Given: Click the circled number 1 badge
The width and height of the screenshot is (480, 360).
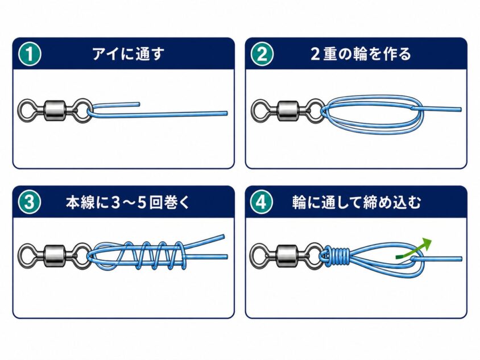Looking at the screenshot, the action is [30, 54].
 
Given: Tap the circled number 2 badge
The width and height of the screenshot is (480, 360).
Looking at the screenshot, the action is [262, 54].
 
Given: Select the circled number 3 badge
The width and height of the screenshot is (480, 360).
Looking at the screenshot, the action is [30, 202].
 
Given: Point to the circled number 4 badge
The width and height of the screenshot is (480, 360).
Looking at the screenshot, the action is [262, 202].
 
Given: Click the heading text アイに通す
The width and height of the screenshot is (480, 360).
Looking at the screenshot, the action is [128, 54].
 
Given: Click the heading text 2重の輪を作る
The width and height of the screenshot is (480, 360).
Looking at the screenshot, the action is [361, 54].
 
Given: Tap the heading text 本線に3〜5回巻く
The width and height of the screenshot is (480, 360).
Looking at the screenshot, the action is [127, 202].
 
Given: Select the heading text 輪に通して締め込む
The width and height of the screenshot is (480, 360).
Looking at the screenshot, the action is [357, 202].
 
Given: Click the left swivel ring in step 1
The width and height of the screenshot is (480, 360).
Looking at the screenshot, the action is [21, 110].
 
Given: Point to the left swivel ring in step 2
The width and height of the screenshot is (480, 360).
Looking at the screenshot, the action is [254, 110].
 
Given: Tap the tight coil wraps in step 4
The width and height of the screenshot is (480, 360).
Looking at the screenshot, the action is [337, 255].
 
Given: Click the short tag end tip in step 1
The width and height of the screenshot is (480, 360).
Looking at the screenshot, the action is [139, 105].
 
